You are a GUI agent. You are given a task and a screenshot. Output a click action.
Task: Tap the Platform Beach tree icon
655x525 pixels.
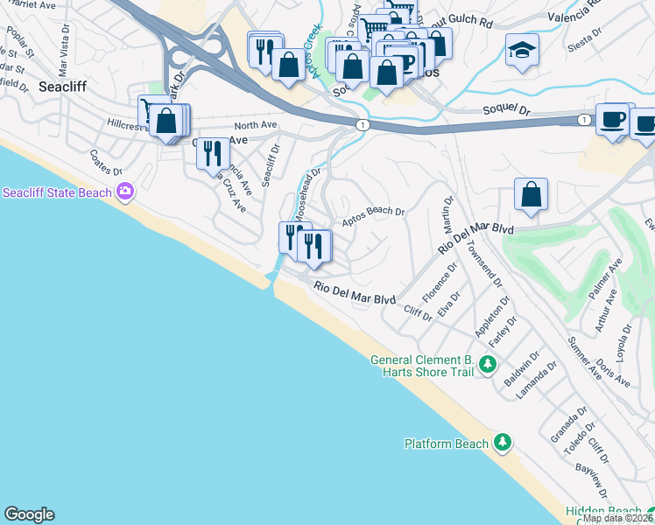(502, 444)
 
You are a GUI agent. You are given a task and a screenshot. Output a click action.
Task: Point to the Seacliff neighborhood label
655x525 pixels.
(61, 87)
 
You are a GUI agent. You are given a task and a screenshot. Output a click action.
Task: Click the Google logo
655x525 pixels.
(29, 514)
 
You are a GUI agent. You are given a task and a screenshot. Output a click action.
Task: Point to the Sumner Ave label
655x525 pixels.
(585, 358)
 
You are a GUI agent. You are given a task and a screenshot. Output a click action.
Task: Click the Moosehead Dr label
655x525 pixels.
(305, 197)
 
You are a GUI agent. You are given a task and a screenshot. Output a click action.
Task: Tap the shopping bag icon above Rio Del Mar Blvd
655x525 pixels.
(531, 194)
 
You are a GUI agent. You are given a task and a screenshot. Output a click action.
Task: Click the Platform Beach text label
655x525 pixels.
(447, 444)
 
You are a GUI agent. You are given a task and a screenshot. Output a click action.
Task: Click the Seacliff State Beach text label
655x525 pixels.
(58, 192)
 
